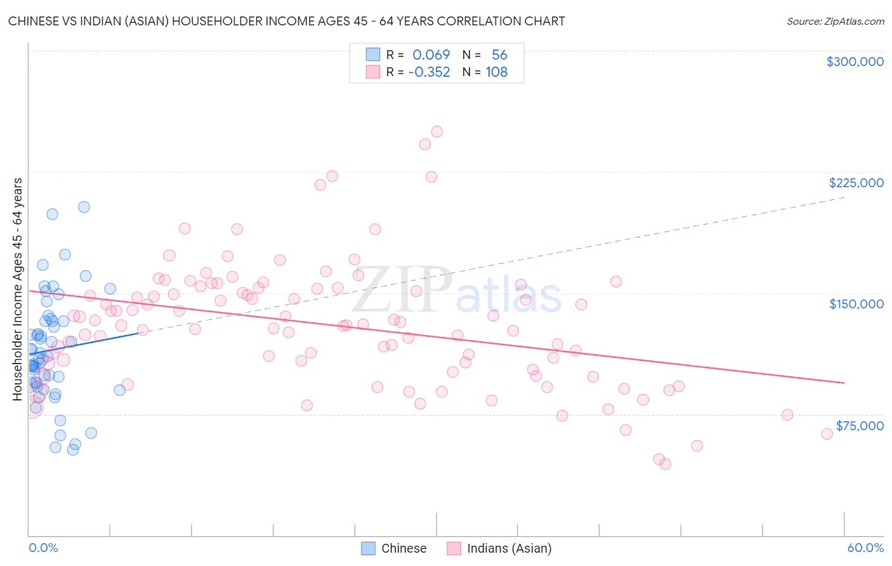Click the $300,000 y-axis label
point(855,62)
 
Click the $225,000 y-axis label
point(856,183)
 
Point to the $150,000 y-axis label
point(856,304)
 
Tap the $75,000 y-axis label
point(859,426)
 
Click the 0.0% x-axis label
point(43,548)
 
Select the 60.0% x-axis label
point(865,548)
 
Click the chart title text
point(286,21)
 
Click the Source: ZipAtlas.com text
point(835,21)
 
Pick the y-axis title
point(17,289)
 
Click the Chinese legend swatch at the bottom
point(368,548)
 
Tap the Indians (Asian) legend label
point(509,548)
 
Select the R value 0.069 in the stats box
point(431,55)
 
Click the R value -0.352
point(429,72)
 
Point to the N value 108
point(496,72)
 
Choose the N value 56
point(499,55)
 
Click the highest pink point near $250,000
point(436,132)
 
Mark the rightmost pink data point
point(827,434)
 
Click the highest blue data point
point(84,207)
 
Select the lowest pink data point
point(665,464)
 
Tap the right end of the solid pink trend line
point(844,383)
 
